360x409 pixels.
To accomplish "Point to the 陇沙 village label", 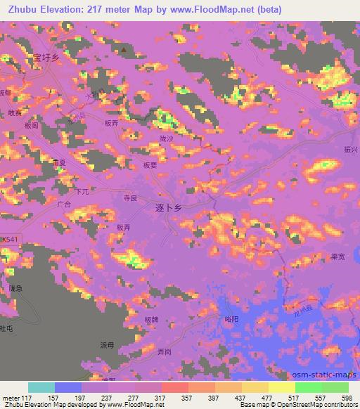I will [x=166, y=139].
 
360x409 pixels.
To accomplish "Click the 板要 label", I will [x=149, y=166].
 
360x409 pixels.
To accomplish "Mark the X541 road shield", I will [x=9, y=240].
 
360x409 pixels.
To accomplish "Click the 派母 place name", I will [x=106, y=345].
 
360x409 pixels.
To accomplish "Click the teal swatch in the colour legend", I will [x=41, y=387].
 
